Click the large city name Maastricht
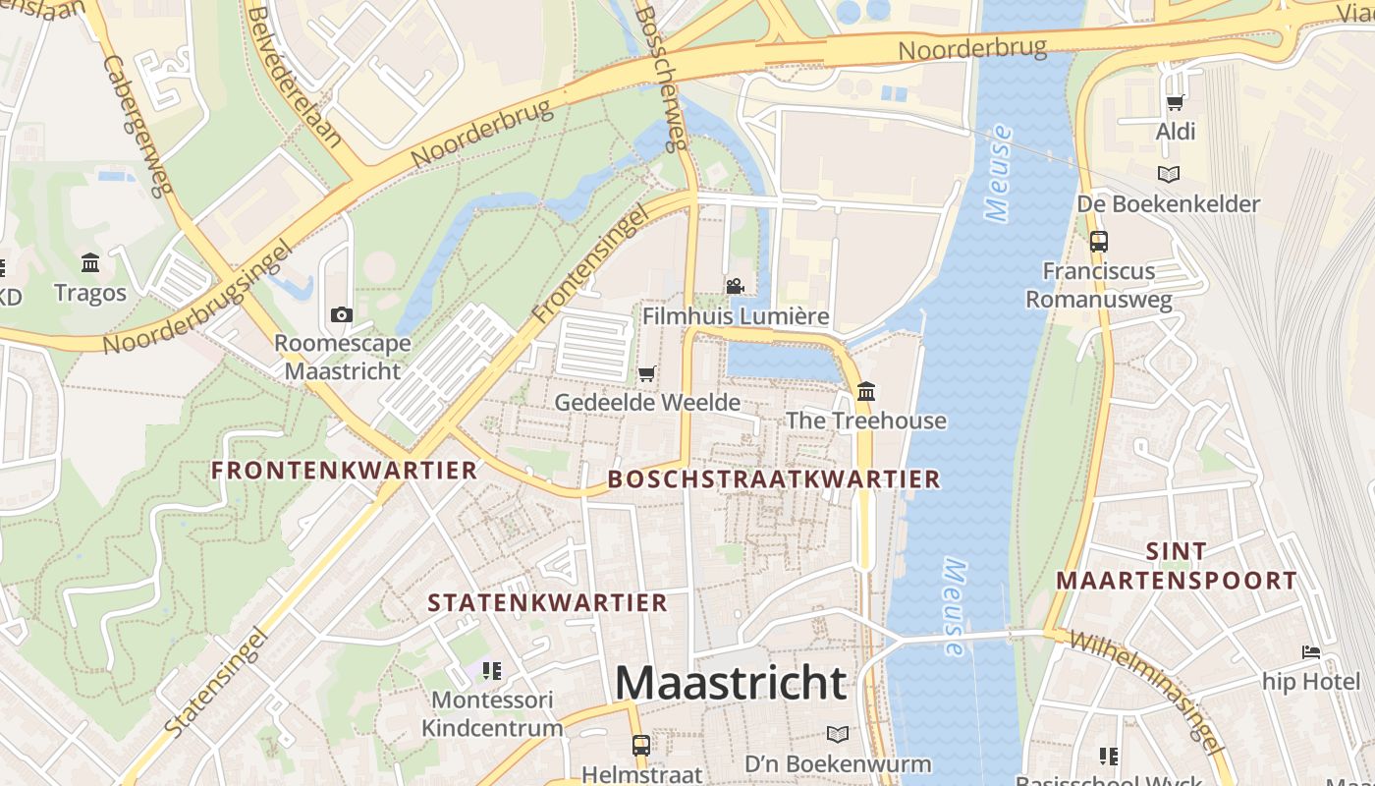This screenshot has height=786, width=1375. click(731, 682)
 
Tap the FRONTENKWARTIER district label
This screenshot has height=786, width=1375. click(345, 470)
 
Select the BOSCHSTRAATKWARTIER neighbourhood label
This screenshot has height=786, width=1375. click(774, 479)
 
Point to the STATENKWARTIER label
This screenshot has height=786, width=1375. click(547, 602)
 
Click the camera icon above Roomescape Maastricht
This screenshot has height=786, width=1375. click(342, 314)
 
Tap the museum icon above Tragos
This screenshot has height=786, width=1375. click(91, 262)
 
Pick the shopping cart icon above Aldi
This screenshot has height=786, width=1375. click(1175, 102)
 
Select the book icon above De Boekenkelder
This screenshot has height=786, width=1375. click(1168, 174)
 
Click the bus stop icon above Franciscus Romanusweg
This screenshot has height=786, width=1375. click(1099, 241)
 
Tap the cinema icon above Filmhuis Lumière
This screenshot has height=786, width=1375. click(735, 286)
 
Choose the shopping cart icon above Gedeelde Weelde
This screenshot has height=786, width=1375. click(646, 373)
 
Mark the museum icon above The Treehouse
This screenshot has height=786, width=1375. click(865, 391)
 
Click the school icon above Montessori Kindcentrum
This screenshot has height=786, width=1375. click(492, 670)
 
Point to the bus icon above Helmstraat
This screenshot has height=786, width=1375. click(641, 745)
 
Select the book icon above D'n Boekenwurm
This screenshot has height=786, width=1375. click(837, 734)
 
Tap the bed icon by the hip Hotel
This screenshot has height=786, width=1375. click(1311, 651)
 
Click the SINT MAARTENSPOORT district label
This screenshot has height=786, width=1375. click(1176, 566)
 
